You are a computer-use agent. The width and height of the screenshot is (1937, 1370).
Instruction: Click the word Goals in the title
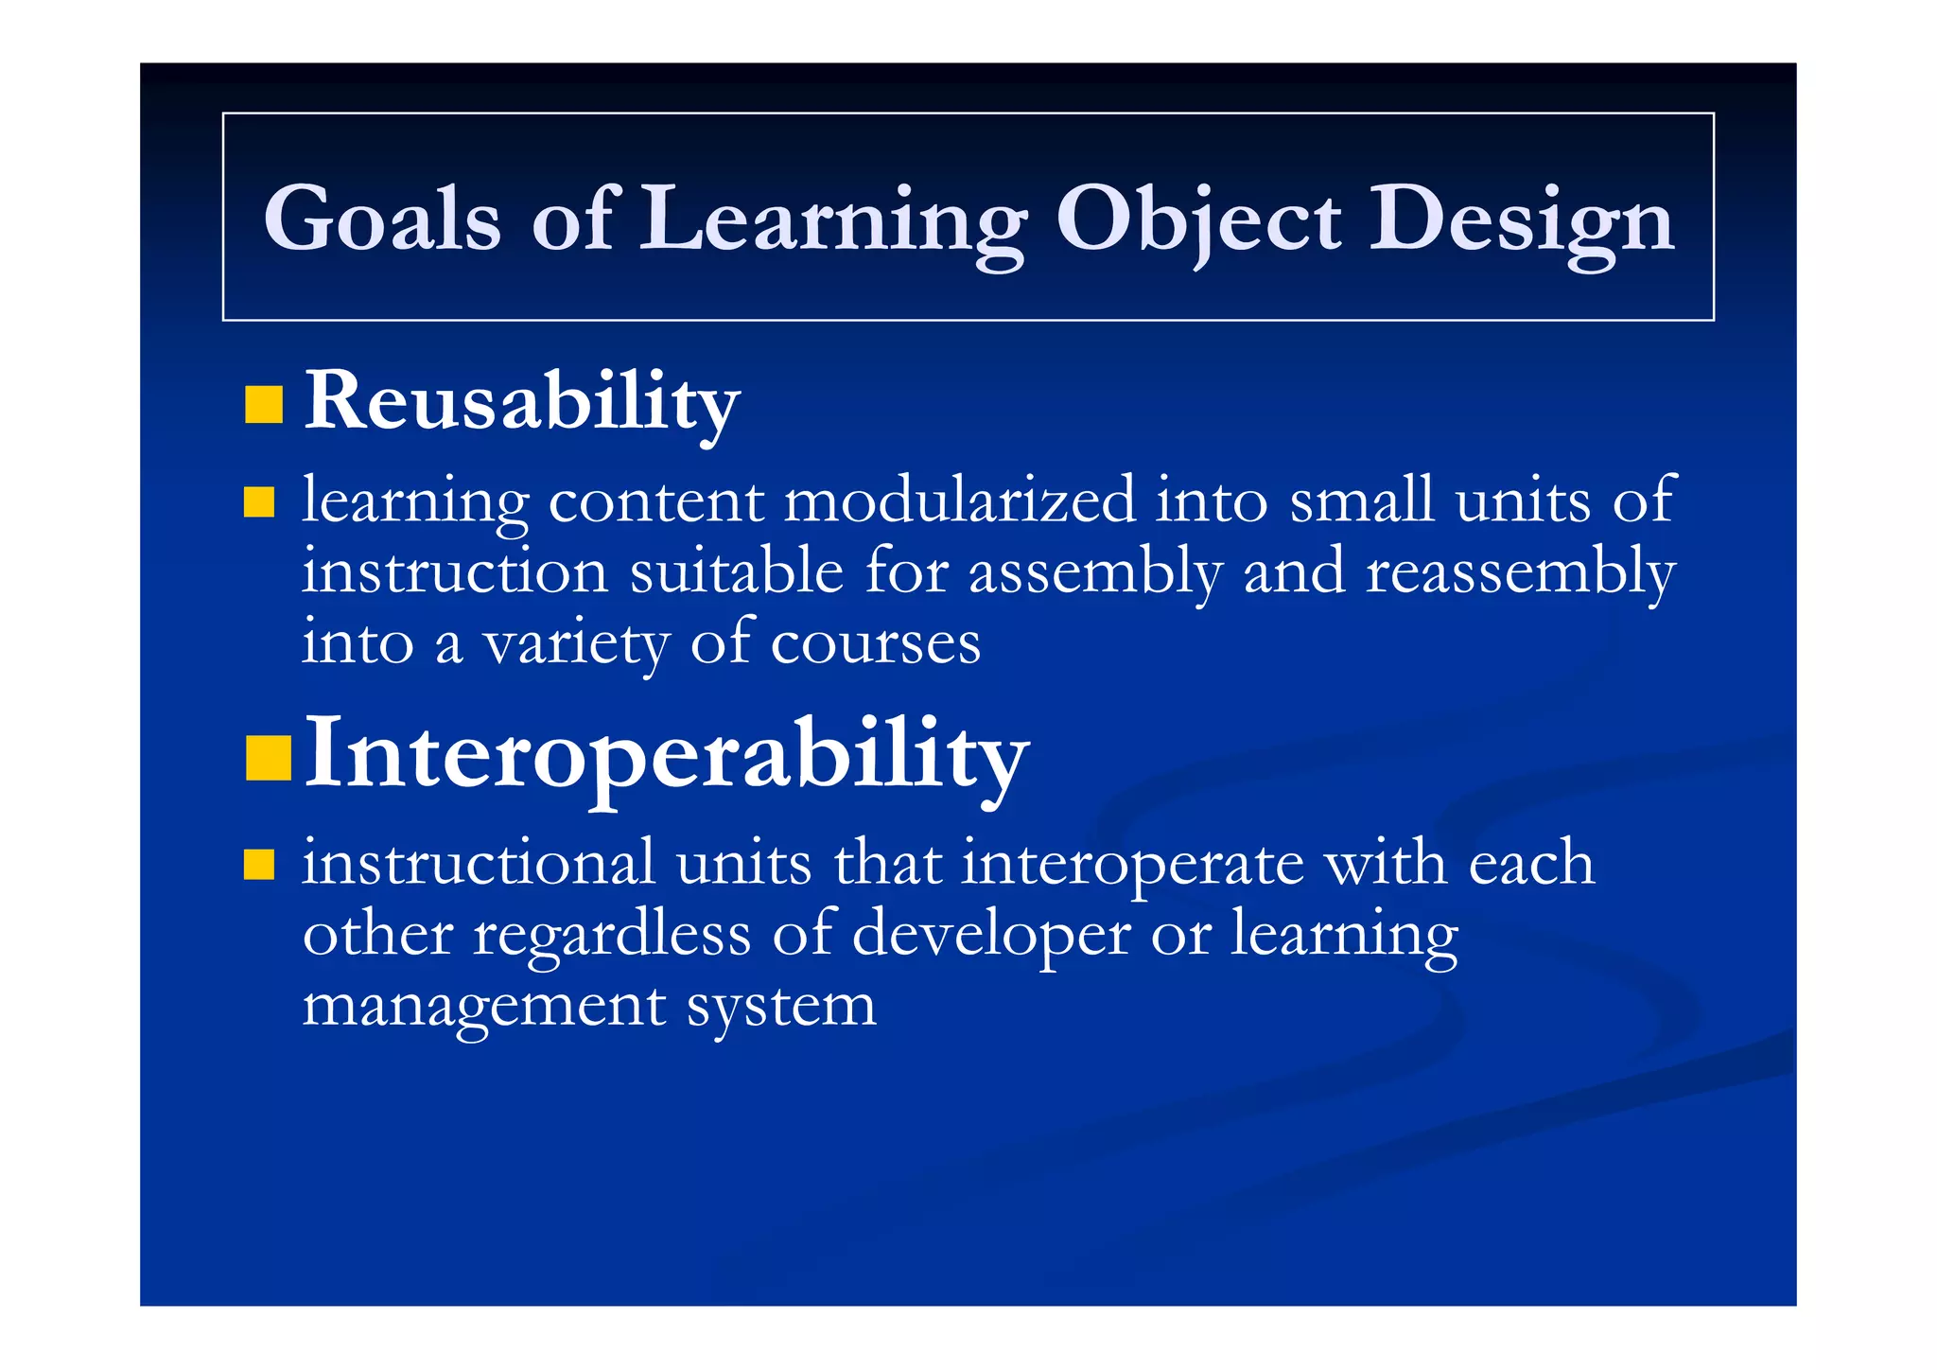click(381, 220)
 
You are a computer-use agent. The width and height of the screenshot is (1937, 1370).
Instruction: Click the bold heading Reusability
click(521, 401)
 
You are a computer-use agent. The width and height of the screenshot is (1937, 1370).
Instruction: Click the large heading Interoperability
click(666, 754)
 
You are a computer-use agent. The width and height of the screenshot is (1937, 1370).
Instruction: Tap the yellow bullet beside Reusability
click(264, 404)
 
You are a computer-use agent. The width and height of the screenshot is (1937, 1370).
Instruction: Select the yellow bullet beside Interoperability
click(268, 758)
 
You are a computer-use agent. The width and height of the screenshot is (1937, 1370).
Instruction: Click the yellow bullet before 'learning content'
click(258, 502)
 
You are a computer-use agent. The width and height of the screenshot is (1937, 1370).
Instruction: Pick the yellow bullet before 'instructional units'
click(258, 865)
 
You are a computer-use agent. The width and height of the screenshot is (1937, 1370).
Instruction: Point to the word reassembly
click(1520, 573)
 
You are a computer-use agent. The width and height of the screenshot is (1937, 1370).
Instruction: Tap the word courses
click(875, 643)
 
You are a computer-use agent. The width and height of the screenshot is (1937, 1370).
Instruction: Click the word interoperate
click(1132, 864)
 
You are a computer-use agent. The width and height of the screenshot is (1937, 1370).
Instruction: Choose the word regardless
click(611, 935)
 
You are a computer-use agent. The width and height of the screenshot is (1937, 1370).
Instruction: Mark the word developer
click(990, 935)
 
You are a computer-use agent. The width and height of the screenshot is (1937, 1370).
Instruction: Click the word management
click(483, 1007)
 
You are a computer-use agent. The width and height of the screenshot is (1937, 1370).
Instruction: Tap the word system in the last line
click(781, 1007)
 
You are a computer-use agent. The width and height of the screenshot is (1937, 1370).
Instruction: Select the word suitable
click(736, 571)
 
